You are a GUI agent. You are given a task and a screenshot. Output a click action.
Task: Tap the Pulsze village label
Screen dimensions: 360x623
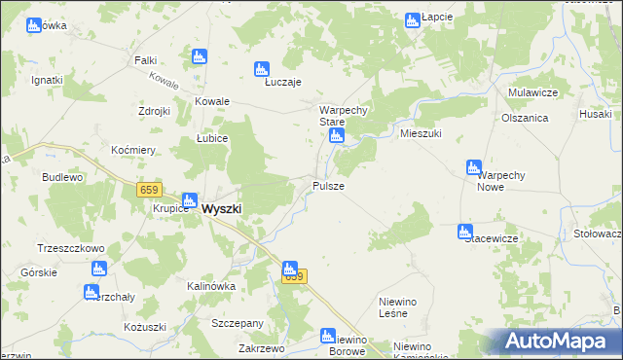click(x=327, y=185)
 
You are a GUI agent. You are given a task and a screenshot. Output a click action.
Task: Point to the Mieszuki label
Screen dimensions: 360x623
click(x=421, y=133)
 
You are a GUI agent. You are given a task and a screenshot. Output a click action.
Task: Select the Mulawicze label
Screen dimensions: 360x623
click(x=531, y=91)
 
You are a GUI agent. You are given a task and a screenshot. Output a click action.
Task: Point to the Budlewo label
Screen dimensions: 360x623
click(x=62, y=178)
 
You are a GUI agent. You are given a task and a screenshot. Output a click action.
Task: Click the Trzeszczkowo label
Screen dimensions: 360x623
click(x=70, y=248)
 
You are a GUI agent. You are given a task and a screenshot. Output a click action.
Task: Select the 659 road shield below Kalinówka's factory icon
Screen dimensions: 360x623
click(x=294, y=277)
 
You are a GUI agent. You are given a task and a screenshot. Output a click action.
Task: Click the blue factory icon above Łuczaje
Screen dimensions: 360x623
click(x=261, y=68)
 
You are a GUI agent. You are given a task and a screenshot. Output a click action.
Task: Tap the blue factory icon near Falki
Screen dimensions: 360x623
click(x=201, y=56)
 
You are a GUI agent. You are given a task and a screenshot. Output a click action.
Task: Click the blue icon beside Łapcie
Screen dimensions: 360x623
click(x=412, y=18)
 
